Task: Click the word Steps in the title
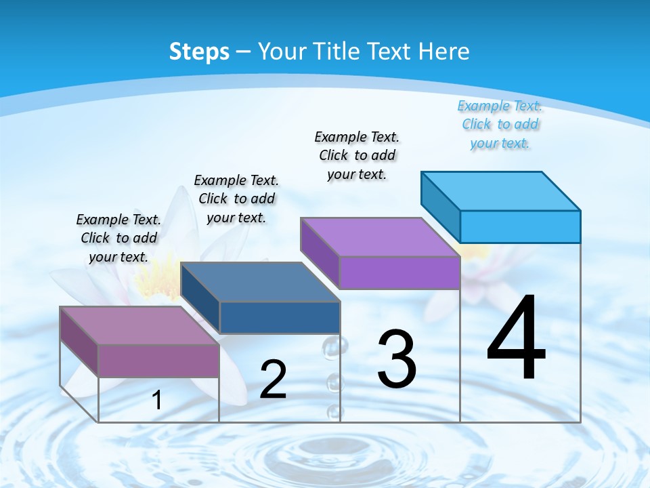(199, 52)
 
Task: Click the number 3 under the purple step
(397, 359)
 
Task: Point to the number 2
(273, 380)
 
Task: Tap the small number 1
(157, 400)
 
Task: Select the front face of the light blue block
(520, 226)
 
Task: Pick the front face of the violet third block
(399, 272)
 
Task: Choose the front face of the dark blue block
(280, 317)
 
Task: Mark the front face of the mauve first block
(158, 361)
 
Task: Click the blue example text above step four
(500, 125)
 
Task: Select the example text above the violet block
(357, 155)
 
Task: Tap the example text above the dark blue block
(236, 199)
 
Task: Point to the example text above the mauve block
(118, 238)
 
